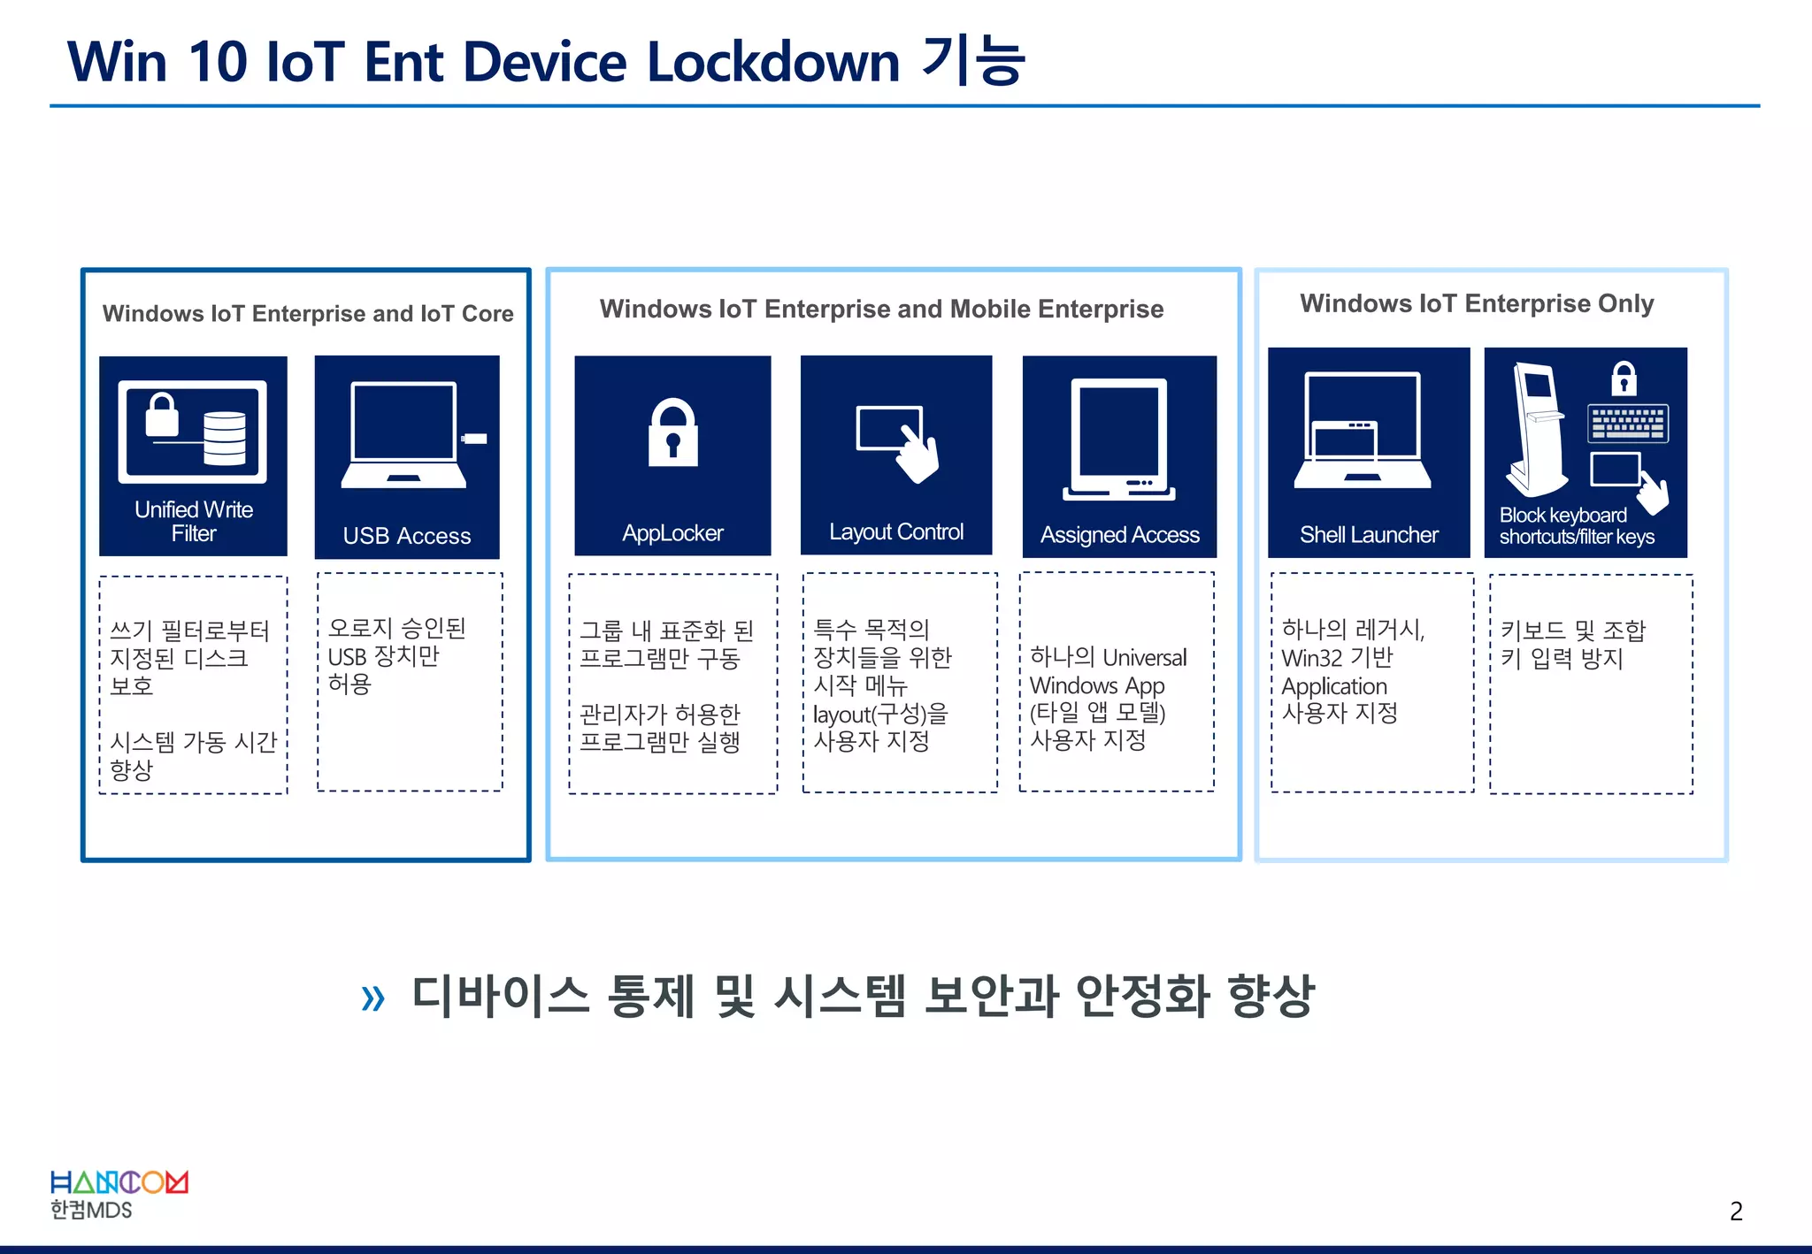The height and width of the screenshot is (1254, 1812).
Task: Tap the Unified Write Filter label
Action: [194, 521]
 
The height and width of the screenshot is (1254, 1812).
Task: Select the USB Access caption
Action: [407, 536]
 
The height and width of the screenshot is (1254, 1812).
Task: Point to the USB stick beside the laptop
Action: [475, 439]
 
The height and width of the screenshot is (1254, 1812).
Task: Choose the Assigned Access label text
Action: [1119, 534]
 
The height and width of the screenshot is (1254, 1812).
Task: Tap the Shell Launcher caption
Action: [1369, 534]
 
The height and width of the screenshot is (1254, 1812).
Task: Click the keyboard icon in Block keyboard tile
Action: [1628, 424]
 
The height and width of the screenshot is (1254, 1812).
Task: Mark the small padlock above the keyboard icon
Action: [1624, 378]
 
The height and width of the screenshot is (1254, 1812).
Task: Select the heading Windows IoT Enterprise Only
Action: [1476, 303]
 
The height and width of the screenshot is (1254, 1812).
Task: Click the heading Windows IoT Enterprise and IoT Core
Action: [308, 313]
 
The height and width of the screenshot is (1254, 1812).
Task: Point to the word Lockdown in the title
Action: [773, 62]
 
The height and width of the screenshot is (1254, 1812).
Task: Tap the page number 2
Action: [1736, 1211]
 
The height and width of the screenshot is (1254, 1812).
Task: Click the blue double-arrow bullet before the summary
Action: [373, 998]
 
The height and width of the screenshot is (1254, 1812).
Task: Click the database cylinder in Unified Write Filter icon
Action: [225, 438]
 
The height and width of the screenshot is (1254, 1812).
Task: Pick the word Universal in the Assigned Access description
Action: [1145, 658]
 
